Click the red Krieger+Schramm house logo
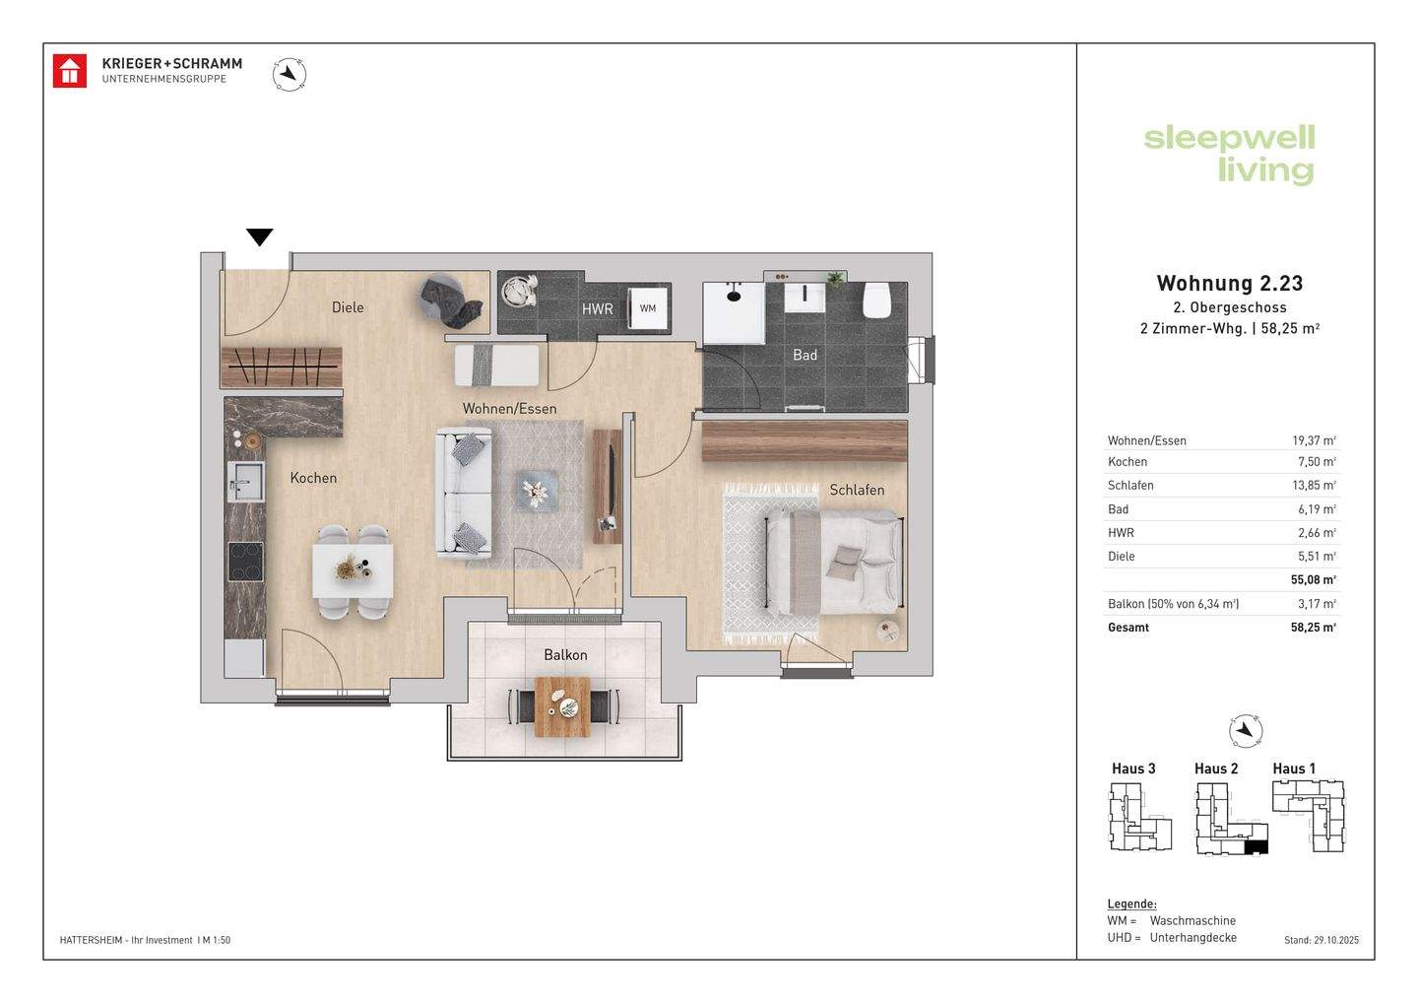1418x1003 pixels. (x=70, y=71)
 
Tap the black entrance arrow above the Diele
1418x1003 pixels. (x=260, y=236)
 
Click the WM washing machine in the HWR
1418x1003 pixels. (x=648, y=308)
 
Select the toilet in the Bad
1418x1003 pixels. (x=877, y=301)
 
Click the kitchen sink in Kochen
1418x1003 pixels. (x=245, y=481)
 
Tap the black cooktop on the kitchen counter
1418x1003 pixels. (x=245, y=562)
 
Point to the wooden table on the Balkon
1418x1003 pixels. (x=563, y=706)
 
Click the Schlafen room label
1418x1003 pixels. (x=857, y=490)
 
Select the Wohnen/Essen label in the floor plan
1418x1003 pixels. (x=510, y=409)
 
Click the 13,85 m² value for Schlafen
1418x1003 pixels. (x=1316, y=485)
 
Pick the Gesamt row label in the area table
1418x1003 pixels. (x=1128, y=628)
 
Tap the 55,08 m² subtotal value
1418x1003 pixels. (x=1314, y=579)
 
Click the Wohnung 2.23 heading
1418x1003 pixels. (x=1229, y=283)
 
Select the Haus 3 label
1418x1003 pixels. (x=1133, y=769)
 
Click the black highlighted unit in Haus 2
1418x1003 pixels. (x=1256, y=848)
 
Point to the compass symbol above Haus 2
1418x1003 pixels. (x=1245, y=731)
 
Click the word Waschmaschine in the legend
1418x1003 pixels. (x=1192, y=920)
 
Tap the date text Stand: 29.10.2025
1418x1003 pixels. (x=1321, y=940)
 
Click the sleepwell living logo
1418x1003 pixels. (x=1229, y=155)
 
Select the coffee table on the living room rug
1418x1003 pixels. (x=537, y=490)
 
